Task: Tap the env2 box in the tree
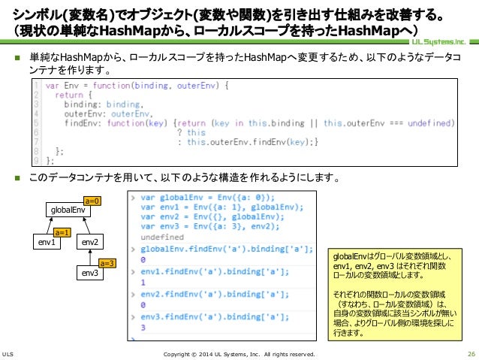[x=91, y=243]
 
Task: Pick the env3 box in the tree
[x=91, y=273]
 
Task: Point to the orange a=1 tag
[x=64, y=233]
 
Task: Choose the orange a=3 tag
[x=107, y=263]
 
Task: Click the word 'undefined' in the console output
[x=162, y=237]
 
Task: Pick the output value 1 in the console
[x=143, y=283]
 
